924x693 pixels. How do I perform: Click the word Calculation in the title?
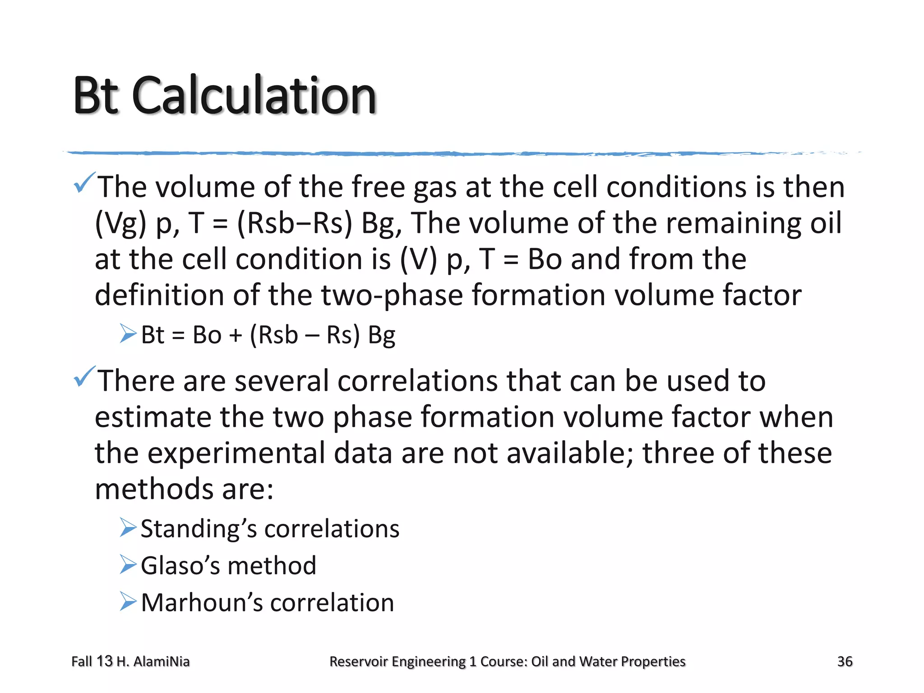(254, 96)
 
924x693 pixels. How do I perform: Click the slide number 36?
(845, 661)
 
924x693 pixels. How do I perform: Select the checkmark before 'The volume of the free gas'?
(84, 182)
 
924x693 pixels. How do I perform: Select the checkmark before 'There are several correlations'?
(84, 376)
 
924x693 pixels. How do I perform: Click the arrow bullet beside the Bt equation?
(128, 334)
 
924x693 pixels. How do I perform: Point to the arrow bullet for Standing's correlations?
(128, 527)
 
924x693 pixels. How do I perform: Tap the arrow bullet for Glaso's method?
(128, 564)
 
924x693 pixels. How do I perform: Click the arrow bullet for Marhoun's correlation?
(128, 601)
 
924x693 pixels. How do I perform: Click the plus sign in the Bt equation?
(235, 336)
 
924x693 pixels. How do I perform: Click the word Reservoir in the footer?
(358, 661)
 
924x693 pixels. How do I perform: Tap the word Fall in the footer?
(82, 661)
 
